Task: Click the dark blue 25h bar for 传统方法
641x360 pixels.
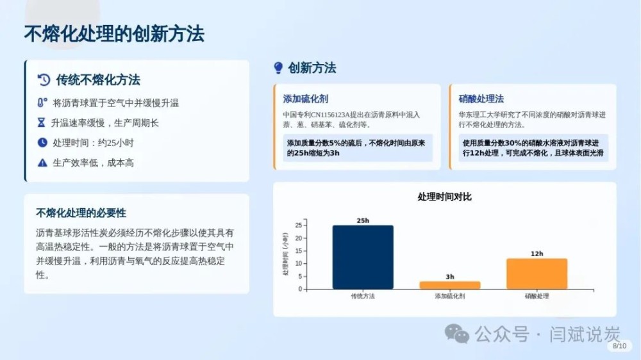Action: (363, 257)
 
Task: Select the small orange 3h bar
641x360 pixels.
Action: (450, 285)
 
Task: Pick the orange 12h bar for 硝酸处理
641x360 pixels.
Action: (537, 274)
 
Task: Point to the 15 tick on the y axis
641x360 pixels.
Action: (299, 251)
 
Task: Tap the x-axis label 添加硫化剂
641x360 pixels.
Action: (450, 296)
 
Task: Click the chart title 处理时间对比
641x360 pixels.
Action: (444, 197)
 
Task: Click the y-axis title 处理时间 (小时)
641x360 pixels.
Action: (285, 254)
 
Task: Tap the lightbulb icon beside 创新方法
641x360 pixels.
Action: (278, 68)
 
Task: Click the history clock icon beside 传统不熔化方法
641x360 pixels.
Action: (44, 79)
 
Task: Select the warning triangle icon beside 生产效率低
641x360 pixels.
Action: (42, 163)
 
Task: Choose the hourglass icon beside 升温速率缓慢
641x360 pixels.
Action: (41, 122)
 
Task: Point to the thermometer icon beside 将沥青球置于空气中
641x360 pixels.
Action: (42, 102)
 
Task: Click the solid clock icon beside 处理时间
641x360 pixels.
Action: (42, 143)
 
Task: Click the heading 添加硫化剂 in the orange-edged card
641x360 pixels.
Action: (305, 99)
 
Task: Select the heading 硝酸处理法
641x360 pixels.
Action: (481, 99)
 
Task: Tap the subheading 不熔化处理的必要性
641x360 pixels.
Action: (81, 213)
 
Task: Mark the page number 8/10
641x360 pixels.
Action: (619, 346)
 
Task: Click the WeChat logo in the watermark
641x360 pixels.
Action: (456, 334)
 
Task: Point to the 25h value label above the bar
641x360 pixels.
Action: (363, 220)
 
